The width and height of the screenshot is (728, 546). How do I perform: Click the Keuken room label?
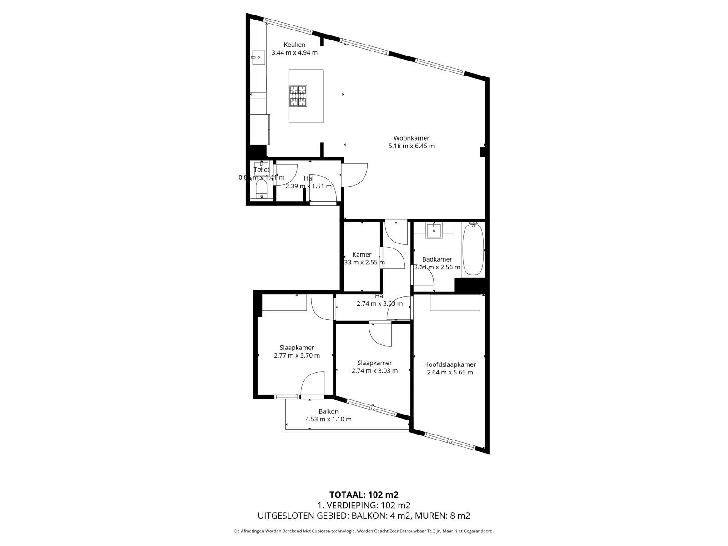[294, 45]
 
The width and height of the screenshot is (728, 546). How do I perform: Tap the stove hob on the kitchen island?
[298, 96]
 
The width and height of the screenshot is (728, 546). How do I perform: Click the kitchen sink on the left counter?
[258, 57]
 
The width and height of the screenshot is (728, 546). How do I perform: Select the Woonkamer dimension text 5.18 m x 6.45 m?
[411, 146]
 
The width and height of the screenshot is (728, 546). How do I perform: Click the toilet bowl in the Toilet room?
[261, 188]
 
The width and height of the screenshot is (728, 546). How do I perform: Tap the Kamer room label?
[362, 254]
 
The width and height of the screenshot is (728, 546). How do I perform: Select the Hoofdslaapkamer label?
[450, 364]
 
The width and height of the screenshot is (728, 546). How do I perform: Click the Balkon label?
[328, 411]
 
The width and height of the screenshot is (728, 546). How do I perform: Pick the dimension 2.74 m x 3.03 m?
[374, 371]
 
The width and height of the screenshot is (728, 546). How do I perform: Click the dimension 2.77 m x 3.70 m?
[297, 356]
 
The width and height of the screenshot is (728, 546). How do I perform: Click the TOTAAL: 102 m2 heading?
[364, 495]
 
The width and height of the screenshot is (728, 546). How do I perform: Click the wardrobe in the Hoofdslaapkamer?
[455, 303]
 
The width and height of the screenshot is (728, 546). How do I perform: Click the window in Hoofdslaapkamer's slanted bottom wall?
[450, 441]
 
